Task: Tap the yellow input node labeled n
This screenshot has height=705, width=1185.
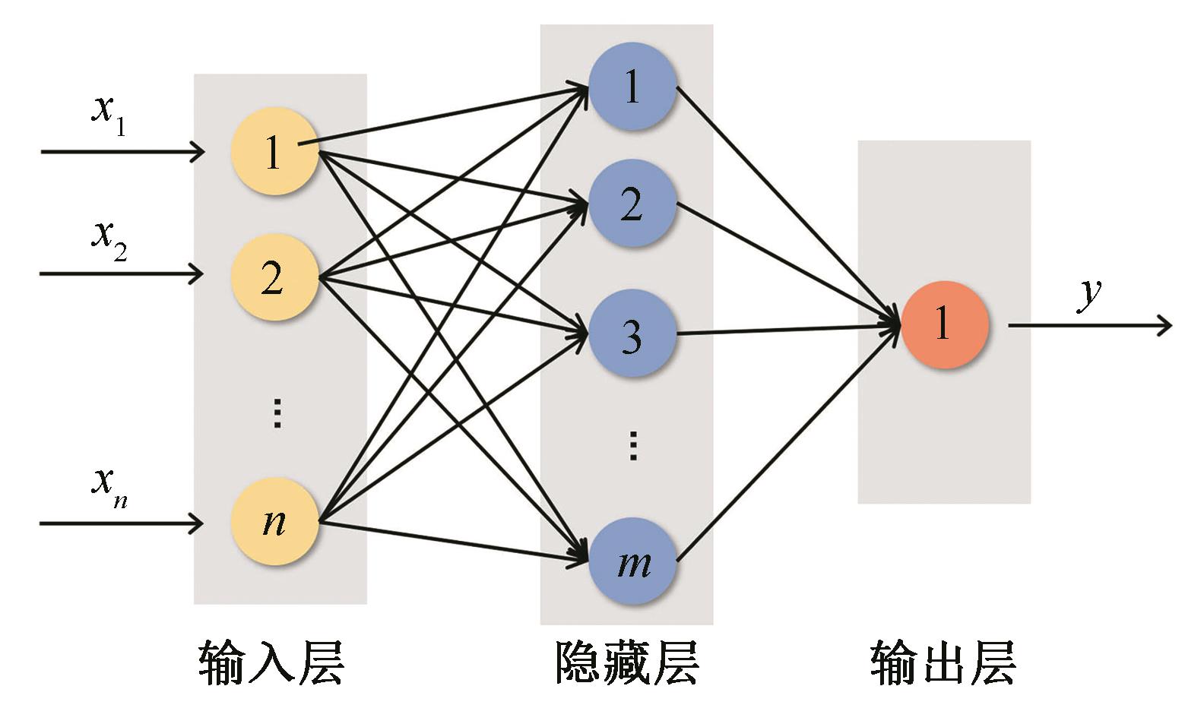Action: coord(274,523)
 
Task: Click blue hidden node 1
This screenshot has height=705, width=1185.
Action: coord(632,87)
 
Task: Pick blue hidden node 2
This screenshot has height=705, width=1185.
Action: coord(632,204)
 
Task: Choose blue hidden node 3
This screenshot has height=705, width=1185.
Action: coord(632,334)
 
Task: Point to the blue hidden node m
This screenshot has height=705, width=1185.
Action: coord(632,562)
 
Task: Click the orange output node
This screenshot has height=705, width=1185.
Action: coord(944,325)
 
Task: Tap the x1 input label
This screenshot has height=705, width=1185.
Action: coord(108,114)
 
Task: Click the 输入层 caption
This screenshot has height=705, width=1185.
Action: coord(271,662)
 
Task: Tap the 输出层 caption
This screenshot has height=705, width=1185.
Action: coord(943,662)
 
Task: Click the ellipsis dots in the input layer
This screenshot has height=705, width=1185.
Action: coord(277,413)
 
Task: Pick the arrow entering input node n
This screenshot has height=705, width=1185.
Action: coord(122,523)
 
